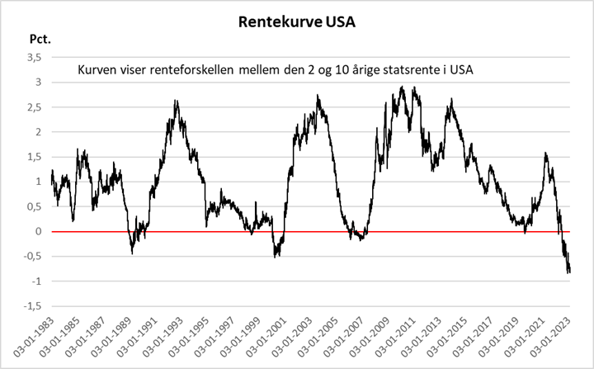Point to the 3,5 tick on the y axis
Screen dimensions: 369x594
(32, 57)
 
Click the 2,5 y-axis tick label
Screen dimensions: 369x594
(32, 107)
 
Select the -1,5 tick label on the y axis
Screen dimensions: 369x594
(31, 306)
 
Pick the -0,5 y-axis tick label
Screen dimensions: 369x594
(31, 257)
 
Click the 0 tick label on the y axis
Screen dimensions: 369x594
(37, 232)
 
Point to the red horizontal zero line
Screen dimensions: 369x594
(330, 232)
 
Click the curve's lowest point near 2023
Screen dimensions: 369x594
(568, 271)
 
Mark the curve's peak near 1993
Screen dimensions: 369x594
(177, 102)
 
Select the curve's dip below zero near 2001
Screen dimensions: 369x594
(276, 254)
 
